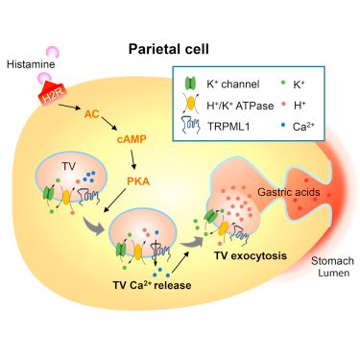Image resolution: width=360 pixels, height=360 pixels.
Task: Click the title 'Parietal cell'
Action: (169, 49)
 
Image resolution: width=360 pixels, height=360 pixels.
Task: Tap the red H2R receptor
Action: (53, 93)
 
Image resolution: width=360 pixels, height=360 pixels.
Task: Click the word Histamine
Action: (31, 64)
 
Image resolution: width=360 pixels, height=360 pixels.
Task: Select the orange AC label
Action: (92, 113)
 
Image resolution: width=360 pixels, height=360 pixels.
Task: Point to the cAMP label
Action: (132, 139)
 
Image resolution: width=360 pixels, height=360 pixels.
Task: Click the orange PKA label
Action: (138, 181)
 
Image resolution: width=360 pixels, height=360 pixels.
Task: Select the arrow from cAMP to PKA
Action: (132, 159)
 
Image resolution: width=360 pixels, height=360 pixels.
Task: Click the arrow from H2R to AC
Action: (69, 107)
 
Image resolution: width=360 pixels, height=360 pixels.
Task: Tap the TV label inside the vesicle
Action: (69, 166)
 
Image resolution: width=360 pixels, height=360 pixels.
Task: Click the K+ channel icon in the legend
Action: (191, 84)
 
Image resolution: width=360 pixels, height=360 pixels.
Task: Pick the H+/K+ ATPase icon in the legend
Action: (190, 104)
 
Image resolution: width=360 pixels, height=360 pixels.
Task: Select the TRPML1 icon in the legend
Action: (191, 125)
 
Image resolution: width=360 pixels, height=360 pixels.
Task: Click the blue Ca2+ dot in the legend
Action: (283, 126)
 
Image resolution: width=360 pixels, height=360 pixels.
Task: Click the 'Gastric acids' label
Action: (289, 192)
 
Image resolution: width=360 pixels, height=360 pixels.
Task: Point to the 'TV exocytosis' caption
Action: (251, 255)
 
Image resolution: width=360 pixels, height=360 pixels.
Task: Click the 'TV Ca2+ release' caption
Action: (152, 284)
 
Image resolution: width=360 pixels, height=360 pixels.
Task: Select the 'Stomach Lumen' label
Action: (333, 267)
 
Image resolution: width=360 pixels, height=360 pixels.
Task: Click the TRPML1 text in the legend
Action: (228, 127)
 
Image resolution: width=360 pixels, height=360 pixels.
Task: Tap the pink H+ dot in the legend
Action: (283, 105)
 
